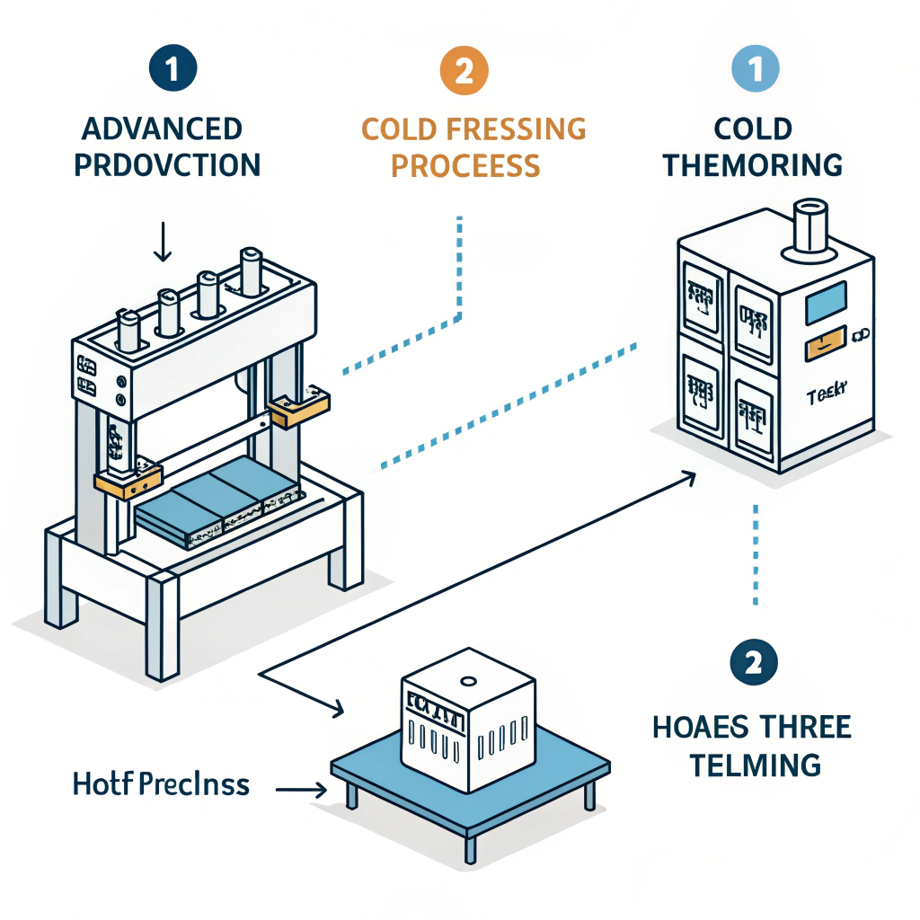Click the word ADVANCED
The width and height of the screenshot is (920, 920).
click(x=163, y=129)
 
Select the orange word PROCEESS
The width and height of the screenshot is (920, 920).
click(x=464, y=166)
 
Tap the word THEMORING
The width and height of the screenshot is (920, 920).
click(x=753, y=166)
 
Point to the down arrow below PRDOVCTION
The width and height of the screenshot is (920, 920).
click(x=163, y=243)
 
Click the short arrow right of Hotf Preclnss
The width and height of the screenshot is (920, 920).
click(x=301, y=790)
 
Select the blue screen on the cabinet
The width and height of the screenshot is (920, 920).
click(x=827, y=303)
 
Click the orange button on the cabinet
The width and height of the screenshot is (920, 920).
click(x=825, y=341)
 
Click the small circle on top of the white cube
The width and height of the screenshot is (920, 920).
click(x=466, y=680)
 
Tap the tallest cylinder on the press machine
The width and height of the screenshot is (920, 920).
click(x=251, y=271)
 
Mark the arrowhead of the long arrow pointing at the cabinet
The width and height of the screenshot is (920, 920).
click(x=690, y=476)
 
